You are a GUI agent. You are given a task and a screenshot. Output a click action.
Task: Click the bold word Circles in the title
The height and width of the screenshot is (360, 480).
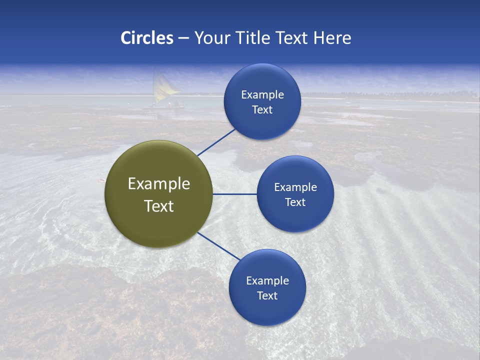146,38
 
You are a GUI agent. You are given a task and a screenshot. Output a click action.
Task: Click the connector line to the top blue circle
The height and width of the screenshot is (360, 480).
216,142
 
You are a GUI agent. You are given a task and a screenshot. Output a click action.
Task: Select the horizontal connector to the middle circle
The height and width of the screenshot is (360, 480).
234,194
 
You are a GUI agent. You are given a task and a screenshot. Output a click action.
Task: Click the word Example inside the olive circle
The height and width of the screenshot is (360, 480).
159,183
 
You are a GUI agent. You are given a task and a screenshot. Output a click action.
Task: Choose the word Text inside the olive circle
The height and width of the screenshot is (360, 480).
159,206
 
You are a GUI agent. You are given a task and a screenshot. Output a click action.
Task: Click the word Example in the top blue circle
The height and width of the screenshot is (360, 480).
262,94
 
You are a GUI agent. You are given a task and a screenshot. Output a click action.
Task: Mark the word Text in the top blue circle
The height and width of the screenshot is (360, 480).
262,109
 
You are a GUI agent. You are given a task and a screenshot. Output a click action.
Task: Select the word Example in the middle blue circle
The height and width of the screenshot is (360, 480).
295,187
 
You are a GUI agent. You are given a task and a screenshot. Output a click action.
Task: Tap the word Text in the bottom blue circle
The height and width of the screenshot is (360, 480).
267,295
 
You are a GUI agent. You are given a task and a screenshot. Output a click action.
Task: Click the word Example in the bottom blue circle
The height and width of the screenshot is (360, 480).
267,280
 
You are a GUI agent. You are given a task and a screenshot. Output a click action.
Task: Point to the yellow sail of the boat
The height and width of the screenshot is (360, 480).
164,87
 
